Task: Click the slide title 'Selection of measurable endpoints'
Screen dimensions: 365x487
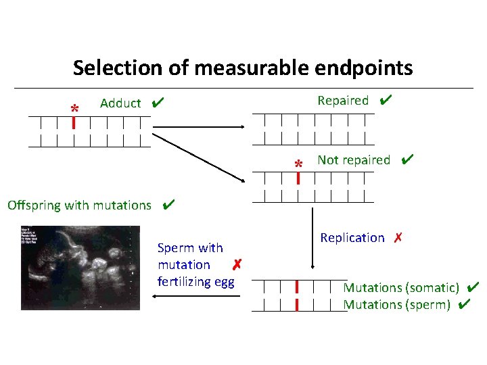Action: tap(243, 68)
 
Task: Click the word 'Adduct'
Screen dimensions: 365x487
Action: tap(120, 103)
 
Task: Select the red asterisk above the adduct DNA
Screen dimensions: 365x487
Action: tap(74, 108)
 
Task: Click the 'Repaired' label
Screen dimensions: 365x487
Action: tap(343, 101)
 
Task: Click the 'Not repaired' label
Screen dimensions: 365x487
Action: tap(354, 160)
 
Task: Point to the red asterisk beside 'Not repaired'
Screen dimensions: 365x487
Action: tap(298, 164)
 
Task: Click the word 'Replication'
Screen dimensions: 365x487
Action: tap(352, 238)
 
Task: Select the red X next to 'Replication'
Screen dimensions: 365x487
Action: tap(398, 238)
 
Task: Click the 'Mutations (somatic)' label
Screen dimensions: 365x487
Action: tap(401, 288)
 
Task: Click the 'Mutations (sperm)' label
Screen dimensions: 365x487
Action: tap(396, 305)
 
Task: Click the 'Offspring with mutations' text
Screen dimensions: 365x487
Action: tap(79, 205)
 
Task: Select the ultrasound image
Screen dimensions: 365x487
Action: tap(80, 268)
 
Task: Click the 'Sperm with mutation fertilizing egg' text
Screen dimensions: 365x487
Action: tap(195, 265)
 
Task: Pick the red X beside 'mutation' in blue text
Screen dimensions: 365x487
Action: tap(236, 264)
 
